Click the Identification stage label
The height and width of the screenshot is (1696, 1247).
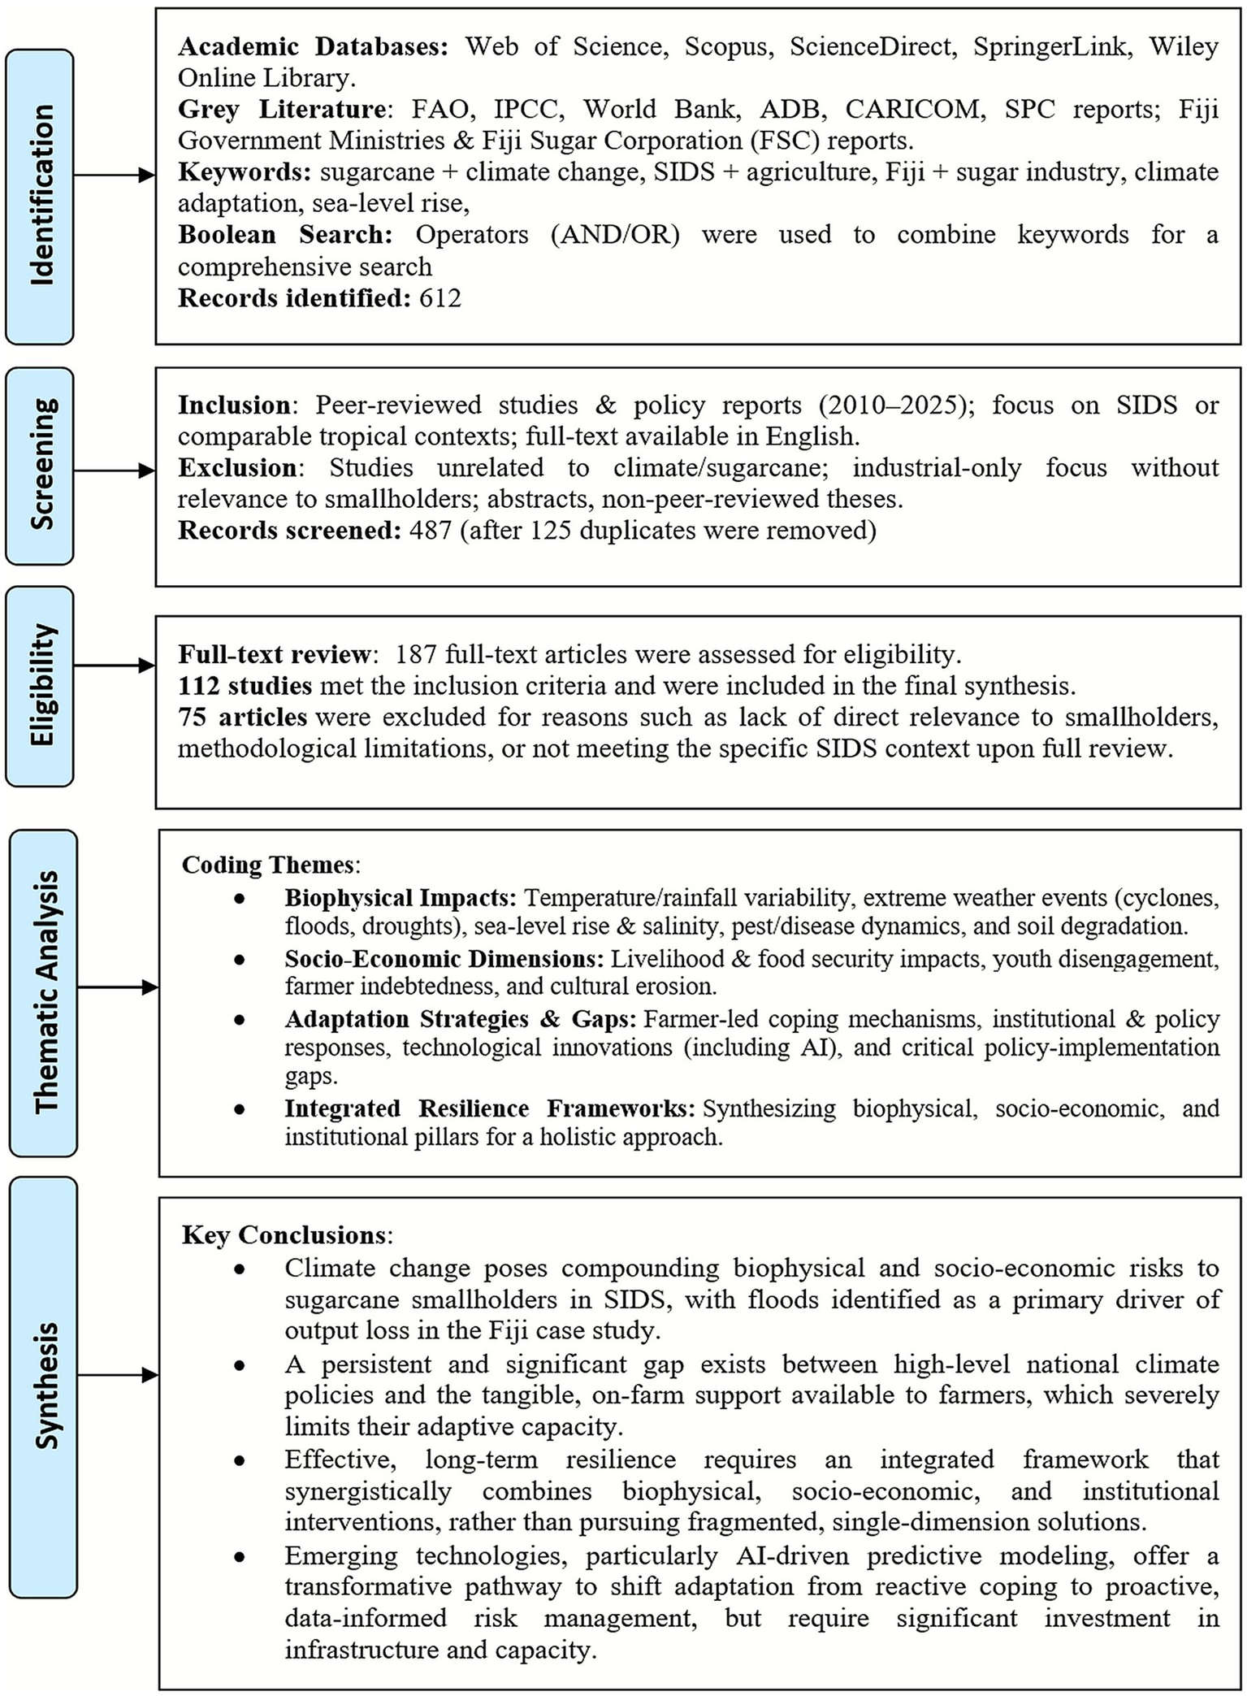[40, 196]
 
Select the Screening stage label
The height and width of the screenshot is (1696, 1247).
[40, 466]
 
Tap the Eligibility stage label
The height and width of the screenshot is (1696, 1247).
[40, 685]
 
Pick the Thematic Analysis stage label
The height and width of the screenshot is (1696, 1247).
[44, 991]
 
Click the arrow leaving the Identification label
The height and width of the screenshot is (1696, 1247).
[114, 176]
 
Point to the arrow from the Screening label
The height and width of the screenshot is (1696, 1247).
[114, 471]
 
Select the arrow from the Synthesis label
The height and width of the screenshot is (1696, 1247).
[118, 1375]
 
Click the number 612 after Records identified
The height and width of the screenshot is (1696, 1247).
[440, 298]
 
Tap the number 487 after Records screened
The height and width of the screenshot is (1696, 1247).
[430, 531]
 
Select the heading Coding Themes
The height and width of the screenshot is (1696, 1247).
[268, 864]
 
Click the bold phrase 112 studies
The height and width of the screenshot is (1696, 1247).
[245, 686]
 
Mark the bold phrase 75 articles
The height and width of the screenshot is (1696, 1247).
[242, 717]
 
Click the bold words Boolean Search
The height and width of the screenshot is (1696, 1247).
[284, 235]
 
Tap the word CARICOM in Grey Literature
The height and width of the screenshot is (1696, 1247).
[912, 109]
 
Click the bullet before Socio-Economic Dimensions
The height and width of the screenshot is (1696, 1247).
[239, 960]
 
